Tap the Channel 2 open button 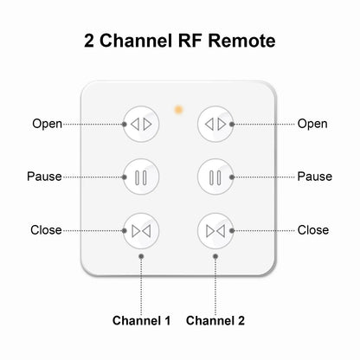(x=215, y=124)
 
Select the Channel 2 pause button (x=215, y=177)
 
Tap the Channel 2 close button (x=215, y=230)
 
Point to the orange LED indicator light (x=177, y=110)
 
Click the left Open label (x=47, y=124)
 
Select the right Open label (x=312, y=124)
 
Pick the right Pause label (x=314, y=177)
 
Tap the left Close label (x=46, y=230)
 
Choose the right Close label (x=313, y=230)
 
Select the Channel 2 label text (x=215, y=321)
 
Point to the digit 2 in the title (x=89, y=41)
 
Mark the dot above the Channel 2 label (x=215, y=257)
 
